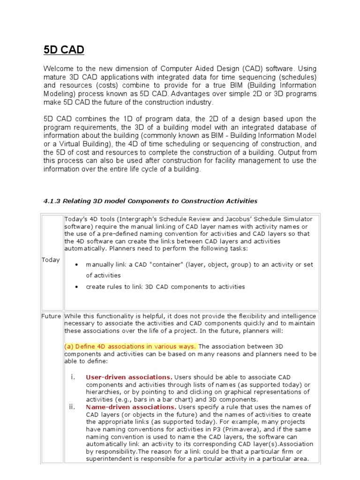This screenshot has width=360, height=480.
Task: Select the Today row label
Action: [51, 260]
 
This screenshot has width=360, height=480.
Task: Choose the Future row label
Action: [51, 316]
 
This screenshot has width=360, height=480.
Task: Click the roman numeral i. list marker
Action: [72, 377]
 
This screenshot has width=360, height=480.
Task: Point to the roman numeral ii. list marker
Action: [72, 407]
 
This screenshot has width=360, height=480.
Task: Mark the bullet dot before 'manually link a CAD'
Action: [77, 265]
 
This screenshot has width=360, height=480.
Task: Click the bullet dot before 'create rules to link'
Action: [77, 287]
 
